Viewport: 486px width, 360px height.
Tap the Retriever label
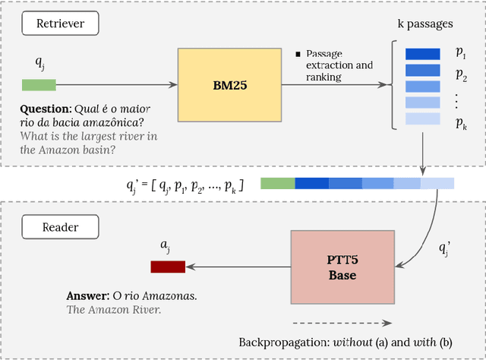[x=61, y=24]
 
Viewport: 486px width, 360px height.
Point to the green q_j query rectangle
[x=38, y=85]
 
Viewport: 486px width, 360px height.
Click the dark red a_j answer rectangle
[x=168, y=267]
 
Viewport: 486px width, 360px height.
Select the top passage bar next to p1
[x=422, y=54]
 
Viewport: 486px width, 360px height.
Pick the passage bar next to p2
[x=422, y=70]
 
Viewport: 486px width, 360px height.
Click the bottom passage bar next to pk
[x=422, y=119]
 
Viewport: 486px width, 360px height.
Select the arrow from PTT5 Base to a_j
[x=239, y=267]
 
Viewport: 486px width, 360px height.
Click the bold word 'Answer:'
[x=88, y=295]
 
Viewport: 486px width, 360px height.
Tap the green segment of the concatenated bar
[x=277, y=183]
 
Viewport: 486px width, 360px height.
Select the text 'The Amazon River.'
[x=114, y=309]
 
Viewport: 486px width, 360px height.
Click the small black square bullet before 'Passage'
[x=298, y=54]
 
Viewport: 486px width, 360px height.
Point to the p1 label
[x=460, y=52]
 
